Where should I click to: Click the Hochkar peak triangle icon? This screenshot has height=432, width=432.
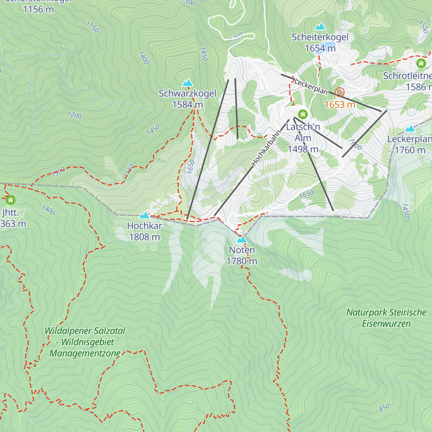point(144,215)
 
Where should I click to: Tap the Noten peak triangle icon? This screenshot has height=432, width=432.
point(242,239)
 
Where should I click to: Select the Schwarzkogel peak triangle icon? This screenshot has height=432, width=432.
point(188,83)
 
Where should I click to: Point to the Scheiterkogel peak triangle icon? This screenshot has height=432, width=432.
point(320,27)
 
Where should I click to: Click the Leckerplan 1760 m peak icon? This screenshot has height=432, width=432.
point(410,129)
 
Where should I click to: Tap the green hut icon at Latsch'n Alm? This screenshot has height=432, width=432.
point(303,114)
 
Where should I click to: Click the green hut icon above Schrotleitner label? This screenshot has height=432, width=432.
point(421,63)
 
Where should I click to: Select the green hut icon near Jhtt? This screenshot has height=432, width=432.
point(10,200)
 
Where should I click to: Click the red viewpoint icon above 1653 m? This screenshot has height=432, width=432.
point(339,92)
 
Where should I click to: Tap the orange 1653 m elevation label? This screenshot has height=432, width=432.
point(339,105)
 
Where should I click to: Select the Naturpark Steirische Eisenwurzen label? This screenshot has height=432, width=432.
point(386,318)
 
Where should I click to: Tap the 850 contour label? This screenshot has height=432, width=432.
point(384,407)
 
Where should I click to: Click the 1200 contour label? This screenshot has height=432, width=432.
point(75,115)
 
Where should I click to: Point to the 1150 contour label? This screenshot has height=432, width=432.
point(93,27)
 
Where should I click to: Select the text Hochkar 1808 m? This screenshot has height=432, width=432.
point(144,231)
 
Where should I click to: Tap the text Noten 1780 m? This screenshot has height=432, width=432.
point(242,256)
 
